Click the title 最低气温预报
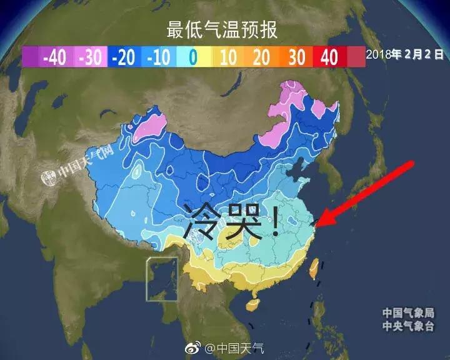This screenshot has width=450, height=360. [222, 29]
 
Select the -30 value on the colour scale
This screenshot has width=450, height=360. [90, 57]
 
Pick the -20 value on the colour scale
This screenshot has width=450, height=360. [123, 57]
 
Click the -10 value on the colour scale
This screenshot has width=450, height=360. [158, 57]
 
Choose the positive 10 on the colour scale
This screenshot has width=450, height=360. [227, 57]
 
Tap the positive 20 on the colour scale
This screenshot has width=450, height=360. [261, 57]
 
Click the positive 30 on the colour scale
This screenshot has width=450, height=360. [296, 57]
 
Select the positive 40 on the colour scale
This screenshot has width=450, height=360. [329, 57]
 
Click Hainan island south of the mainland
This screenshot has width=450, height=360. [252, 306]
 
